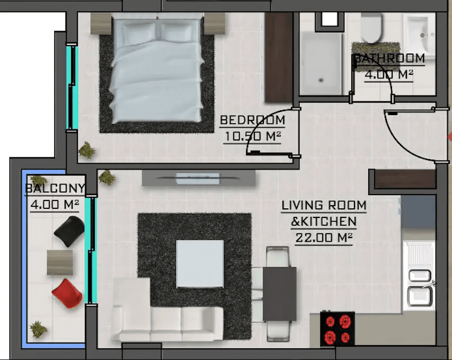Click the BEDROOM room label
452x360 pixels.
[x=253, y=120]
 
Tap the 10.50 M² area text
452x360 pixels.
[x=253, y=136]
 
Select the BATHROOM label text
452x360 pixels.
[x=389, y=58]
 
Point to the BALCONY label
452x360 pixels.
[x=55, y=188]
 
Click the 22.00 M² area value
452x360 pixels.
[x=324, y=238]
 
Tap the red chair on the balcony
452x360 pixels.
[x=67, y=293]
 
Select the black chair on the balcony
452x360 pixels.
[x=69, y=231]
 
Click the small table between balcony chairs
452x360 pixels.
[x=60, y=262]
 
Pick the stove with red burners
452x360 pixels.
[x=337, y=328]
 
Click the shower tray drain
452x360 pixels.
[x=321, y=80]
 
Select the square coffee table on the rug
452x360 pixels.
[x=200, y=264]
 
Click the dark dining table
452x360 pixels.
[x=280, y=294]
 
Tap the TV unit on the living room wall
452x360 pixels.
[x=199, y=178]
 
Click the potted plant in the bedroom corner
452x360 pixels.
[x=87, y=150]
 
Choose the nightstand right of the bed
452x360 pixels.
[x=215, y=23]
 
